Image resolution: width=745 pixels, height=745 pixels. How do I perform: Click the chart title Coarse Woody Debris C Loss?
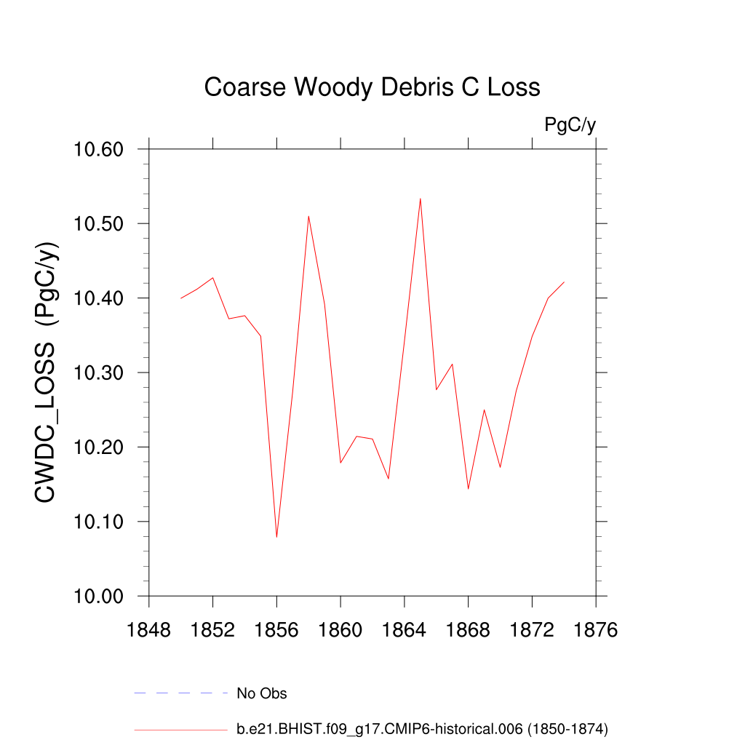[372, 87]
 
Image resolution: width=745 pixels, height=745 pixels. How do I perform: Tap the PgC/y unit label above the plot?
[570, 125]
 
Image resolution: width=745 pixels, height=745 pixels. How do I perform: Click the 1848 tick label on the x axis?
[149, 630]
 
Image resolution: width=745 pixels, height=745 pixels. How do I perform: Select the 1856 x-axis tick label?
[276, 630]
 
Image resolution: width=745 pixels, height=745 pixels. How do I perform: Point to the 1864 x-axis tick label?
[405, 630]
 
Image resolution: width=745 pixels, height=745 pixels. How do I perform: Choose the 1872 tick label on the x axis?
[532, 630]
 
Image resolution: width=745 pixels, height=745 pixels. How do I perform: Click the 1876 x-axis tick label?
[596, 630]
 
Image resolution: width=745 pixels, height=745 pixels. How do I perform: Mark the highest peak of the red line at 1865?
[421, 199]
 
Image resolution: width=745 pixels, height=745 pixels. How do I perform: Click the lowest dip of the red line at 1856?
[276, 537]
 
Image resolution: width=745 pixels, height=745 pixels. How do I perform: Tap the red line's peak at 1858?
[308, 216]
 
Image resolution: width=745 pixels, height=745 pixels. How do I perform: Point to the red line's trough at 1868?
[469, 488]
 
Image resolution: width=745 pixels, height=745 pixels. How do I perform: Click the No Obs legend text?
[262, 693]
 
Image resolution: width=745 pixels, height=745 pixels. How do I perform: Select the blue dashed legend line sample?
[181, 693]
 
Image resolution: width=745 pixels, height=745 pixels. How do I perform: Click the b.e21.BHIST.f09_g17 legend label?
[422, 728]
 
